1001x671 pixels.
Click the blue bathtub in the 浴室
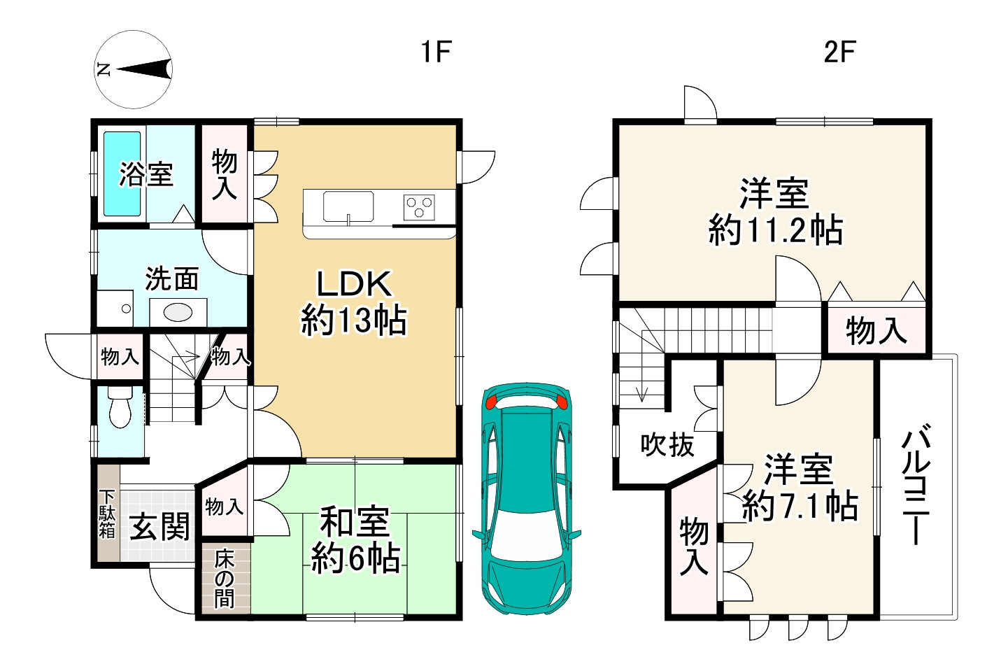pyautogui.click(x=122, y=174)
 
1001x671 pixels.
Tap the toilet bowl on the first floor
pyautogui.click(x=120, y=407)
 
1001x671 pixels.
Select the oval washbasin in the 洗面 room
pyautogui.click(x=178, y=312)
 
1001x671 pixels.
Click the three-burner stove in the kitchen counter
pyautogui.click(x=419, y=207)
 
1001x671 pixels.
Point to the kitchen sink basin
pyautogui.click(x=348, y=206)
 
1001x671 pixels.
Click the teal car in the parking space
pyautogui.click(x=527, y=498)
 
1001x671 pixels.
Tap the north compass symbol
pyautogui.click(x=134, y=69)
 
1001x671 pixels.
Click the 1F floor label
pyautogui.click(x=436, y=52)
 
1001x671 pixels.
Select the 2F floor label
pyautogui.click(x=839, y=52)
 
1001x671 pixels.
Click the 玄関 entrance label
pyautogui.click(x=160, y=527)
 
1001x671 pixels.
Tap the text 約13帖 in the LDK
pyautogui.click(x=353, y=320)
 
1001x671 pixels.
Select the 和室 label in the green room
pyautogui.click(x=355, y=521)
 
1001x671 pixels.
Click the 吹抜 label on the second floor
pyautogui.click(x=667, y=445)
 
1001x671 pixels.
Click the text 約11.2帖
pyautogui.click(x=775, y=230)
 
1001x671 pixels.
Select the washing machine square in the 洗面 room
pyautogui.click(x=115, y=309)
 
